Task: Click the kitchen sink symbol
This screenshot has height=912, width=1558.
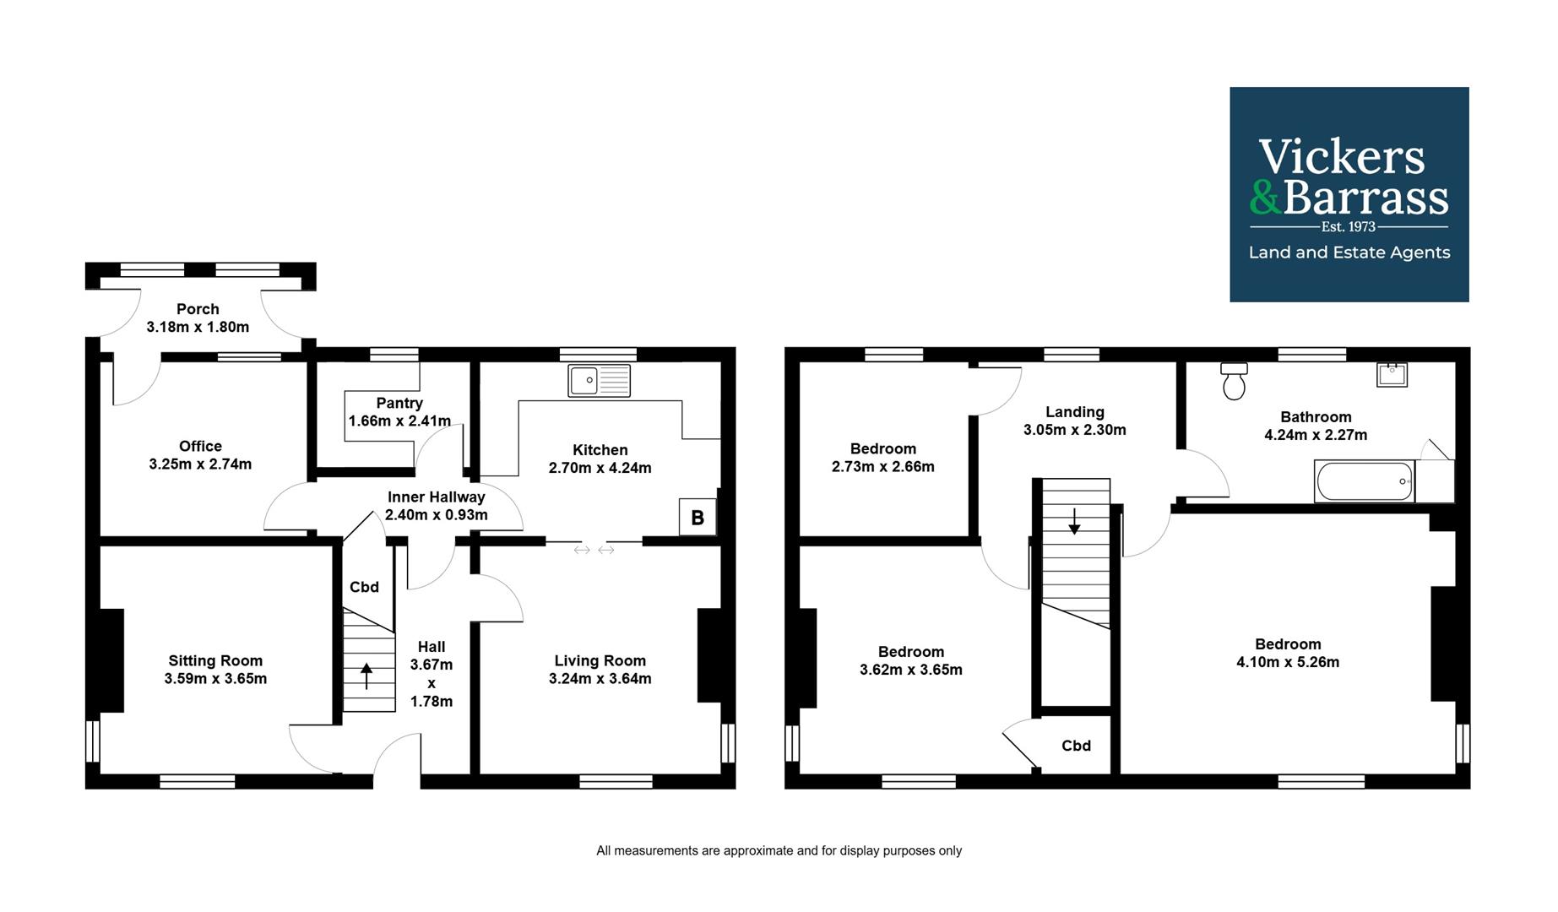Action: [x=599, y=380]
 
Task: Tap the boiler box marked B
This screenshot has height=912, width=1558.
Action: [x=698, y=518]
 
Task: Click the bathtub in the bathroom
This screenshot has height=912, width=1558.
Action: [x=1365, y=481]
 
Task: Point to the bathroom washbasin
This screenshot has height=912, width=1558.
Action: [x=1392, y=374]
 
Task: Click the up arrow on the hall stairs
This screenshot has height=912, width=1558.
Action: [x=366, y=676]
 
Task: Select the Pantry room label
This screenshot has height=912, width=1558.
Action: [x=399, y=403]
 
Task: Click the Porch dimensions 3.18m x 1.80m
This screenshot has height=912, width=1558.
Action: [x=198, y=327]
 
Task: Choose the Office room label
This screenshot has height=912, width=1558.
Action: [x=200, y=446]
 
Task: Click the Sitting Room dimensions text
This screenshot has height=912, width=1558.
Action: [x=215, y=678]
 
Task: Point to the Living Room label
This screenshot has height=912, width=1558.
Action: [x=600, y=660]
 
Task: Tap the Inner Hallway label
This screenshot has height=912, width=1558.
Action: [x=436, y=497]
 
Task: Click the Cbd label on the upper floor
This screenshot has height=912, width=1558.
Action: [x=1076, y=746]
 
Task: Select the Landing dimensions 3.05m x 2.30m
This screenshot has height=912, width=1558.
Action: [x=1074, y=430]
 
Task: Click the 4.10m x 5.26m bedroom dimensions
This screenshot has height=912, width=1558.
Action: [x=1287, y=662]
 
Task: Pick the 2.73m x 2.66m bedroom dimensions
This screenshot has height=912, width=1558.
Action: [x=882, y=466]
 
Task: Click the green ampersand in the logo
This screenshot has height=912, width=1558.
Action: [x=1265, y=198]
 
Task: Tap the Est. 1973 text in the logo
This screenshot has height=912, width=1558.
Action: [x=1348, y=226]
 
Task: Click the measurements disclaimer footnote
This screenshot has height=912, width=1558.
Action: [x=779, y=850]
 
